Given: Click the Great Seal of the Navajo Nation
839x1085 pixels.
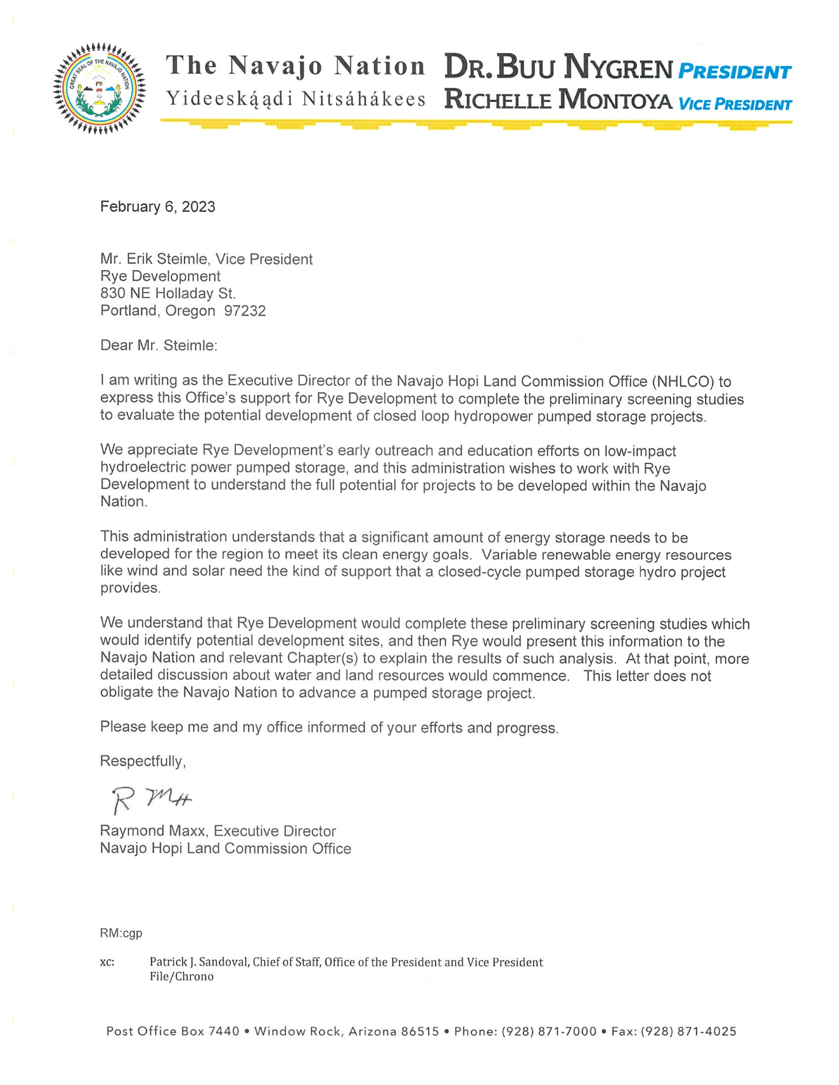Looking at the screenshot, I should tap(99, 88).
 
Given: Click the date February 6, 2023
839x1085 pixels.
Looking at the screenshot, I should tap(158, 207).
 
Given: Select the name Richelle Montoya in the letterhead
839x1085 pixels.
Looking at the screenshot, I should tap(558, 100).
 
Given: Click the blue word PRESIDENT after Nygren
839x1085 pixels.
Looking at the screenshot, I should tap(735, 72).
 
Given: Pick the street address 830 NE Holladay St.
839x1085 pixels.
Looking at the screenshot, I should tap(168, 293).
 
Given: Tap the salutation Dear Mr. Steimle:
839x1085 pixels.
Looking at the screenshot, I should tap(159, 345).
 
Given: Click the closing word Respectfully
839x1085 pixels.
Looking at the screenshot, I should tap(143, 761).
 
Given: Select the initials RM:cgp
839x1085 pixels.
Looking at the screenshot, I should tap(121, 933).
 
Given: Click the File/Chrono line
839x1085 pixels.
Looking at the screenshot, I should tap(181, 977).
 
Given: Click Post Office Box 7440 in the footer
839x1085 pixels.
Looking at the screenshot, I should tap(173, 1032).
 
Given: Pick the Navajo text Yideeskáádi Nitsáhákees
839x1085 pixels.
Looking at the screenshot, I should tap(295, 99).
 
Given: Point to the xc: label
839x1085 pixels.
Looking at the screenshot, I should tap(107, 962).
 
